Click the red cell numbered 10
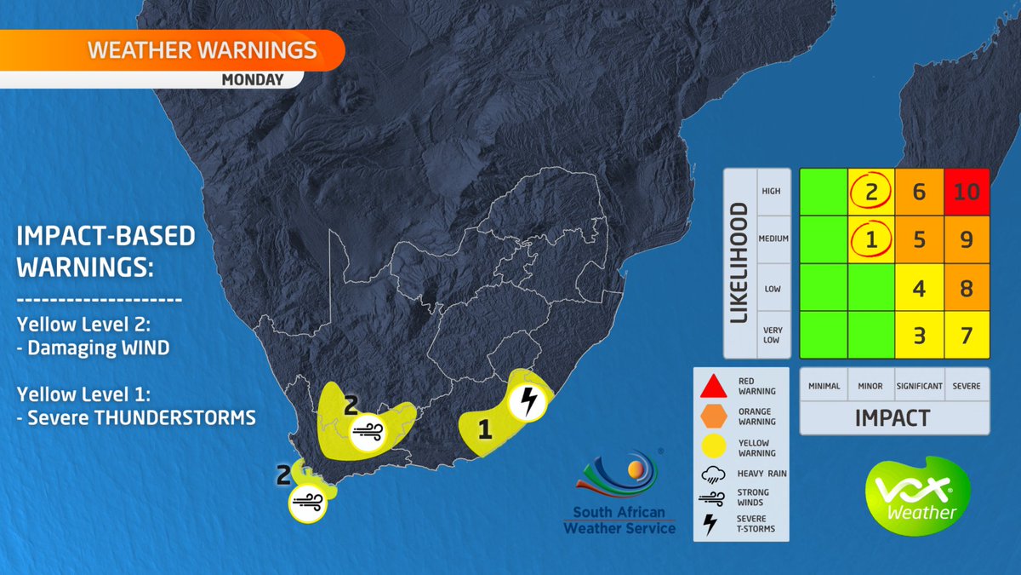967,192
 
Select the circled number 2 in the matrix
871,192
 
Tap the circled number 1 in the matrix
871,240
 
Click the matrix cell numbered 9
967,240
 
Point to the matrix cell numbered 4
919,288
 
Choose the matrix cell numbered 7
967,335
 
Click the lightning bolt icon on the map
528,400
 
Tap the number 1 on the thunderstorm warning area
485,431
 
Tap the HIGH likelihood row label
771,192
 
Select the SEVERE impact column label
966,386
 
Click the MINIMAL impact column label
824,386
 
